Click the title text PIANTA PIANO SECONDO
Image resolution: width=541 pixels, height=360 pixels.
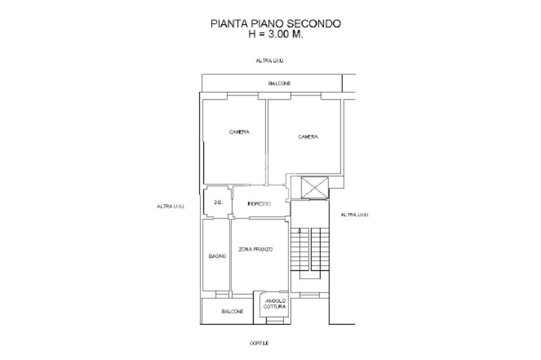(276, 24)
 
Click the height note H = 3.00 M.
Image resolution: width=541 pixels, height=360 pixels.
(276, 34)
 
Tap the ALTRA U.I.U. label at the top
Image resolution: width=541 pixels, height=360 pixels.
(270, 61)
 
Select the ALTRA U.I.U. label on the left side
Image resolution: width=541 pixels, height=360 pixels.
(171, 206)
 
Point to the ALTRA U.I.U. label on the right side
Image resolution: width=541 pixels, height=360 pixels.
(355, 215)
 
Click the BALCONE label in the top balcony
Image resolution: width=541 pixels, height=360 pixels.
(279, 83)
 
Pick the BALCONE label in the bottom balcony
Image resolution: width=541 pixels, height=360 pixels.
(232, 311)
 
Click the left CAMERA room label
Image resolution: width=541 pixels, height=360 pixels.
(239, 132)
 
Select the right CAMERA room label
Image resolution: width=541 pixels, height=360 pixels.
(308, 137)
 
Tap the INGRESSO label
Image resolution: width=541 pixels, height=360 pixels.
(259, 204)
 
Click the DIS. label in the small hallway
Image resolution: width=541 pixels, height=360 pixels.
(218, 203)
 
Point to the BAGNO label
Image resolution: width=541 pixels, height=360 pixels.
(217, 256)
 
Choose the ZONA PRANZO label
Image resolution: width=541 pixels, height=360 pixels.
(256, 249)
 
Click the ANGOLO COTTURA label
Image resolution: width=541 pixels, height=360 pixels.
(275, 304)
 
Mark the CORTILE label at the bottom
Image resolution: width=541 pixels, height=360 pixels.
(259, 343)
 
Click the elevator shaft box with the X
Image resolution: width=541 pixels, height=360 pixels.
(314, 187)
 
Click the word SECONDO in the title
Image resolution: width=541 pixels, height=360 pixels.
(314, 24)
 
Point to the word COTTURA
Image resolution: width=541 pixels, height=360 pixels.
(275, 307)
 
